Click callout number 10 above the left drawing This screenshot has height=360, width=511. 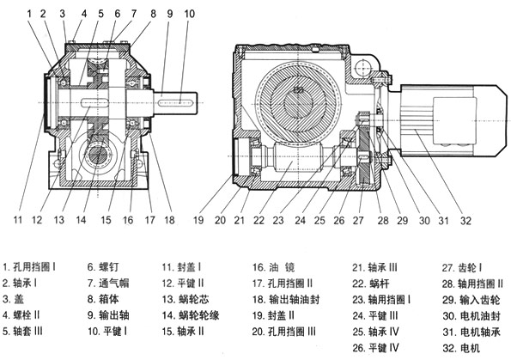pyautogui.click(x=189, y=14)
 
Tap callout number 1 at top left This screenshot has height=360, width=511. pyautogui.click(x=29, y=14)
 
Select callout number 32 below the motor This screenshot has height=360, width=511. pyautogui.click(x=465, y=221)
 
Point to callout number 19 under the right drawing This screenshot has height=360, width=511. pyautogui.click(x=198, y=220)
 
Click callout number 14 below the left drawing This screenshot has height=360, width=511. pyautogui.click(x=81, y=220)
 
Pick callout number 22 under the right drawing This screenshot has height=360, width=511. pyautogui.click(x=259, y=221)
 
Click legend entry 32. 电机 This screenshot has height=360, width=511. pyautogui.click(x=461, y=348)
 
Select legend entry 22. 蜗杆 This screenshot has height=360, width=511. pyautogui.click(x=371, y=284)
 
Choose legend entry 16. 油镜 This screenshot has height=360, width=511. pyautogui.click(x=274, y=267)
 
